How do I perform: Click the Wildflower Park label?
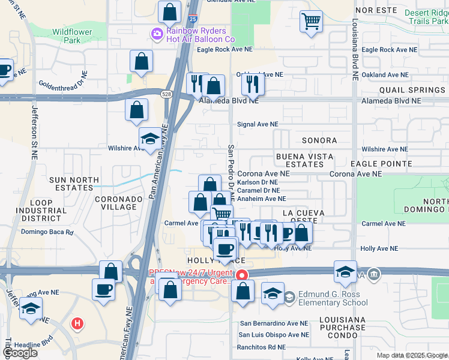[66, 36]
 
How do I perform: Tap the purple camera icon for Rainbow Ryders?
[157, 34]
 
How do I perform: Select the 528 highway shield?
[167, 94]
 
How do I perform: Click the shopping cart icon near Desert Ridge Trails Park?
[311, 22]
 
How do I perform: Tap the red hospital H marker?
[77, 324]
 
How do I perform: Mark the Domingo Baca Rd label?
[47, 232]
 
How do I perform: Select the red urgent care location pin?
[242, 275]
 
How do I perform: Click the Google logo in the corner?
[20, 353]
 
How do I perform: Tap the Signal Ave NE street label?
[258, 124]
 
